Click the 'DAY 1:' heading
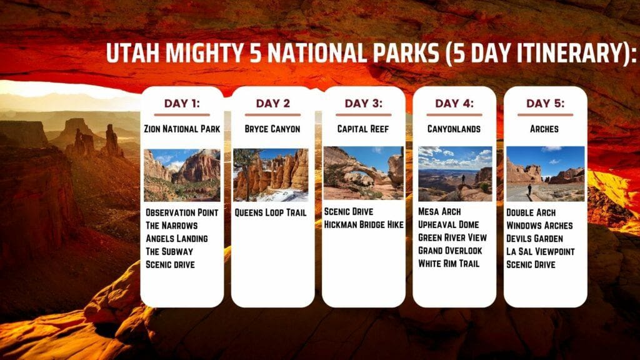pos(182,103)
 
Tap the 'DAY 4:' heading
pos(454,103)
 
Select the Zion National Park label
pos(182,129)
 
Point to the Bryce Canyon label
pos(272,129)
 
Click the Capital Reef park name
pos(363,129)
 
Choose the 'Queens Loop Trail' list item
pos(271,212)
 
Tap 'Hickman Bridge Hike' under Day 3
pos(364,224)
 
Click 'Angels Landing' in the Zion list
pos(176,238)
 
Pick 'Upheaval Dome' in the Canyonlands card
pos(449,224)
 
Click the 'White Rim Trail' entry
pos(449,263)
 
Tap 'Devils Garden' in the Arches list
pos(534,238)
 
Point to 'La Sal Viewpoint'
pos(540,251)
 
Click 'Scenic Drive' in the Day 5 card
pos(531,264)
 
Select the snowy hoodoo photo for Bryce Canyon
pos(271,174)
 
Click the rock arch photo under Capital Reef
pos(363,173)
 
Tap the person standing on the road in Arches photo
pos(529,189)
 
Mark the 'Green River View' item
pos(452,237)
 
